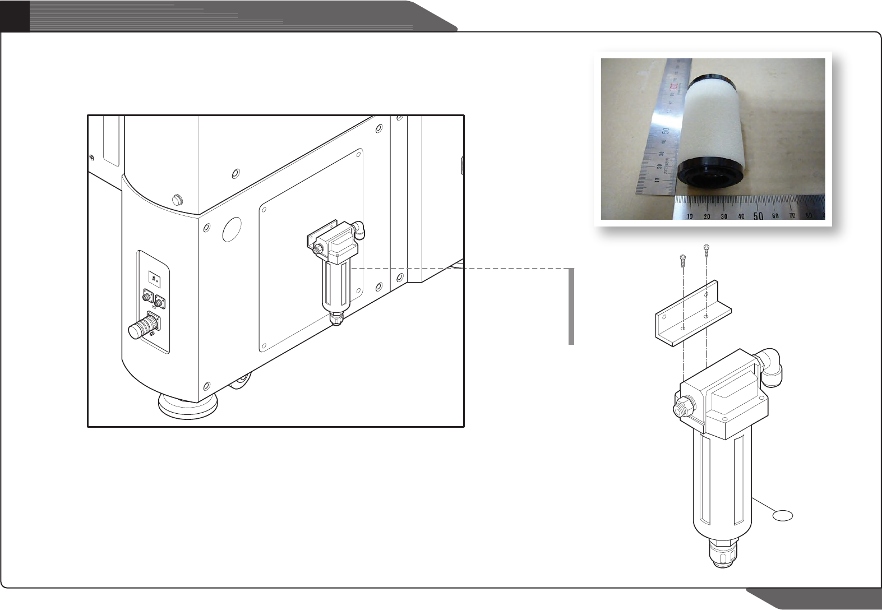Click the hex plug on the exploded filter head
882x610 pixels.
pos(681,408)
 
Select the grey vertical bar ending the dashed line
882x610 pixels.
pos(571,306)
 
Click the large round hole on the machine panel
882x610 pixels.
pos(232,229)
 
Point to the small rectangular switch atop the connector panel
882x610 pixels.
pos(154,277)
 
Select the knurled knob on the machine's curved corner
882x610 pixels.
pos(178,199)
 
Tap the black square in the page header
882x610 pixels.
pos(15,16)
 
